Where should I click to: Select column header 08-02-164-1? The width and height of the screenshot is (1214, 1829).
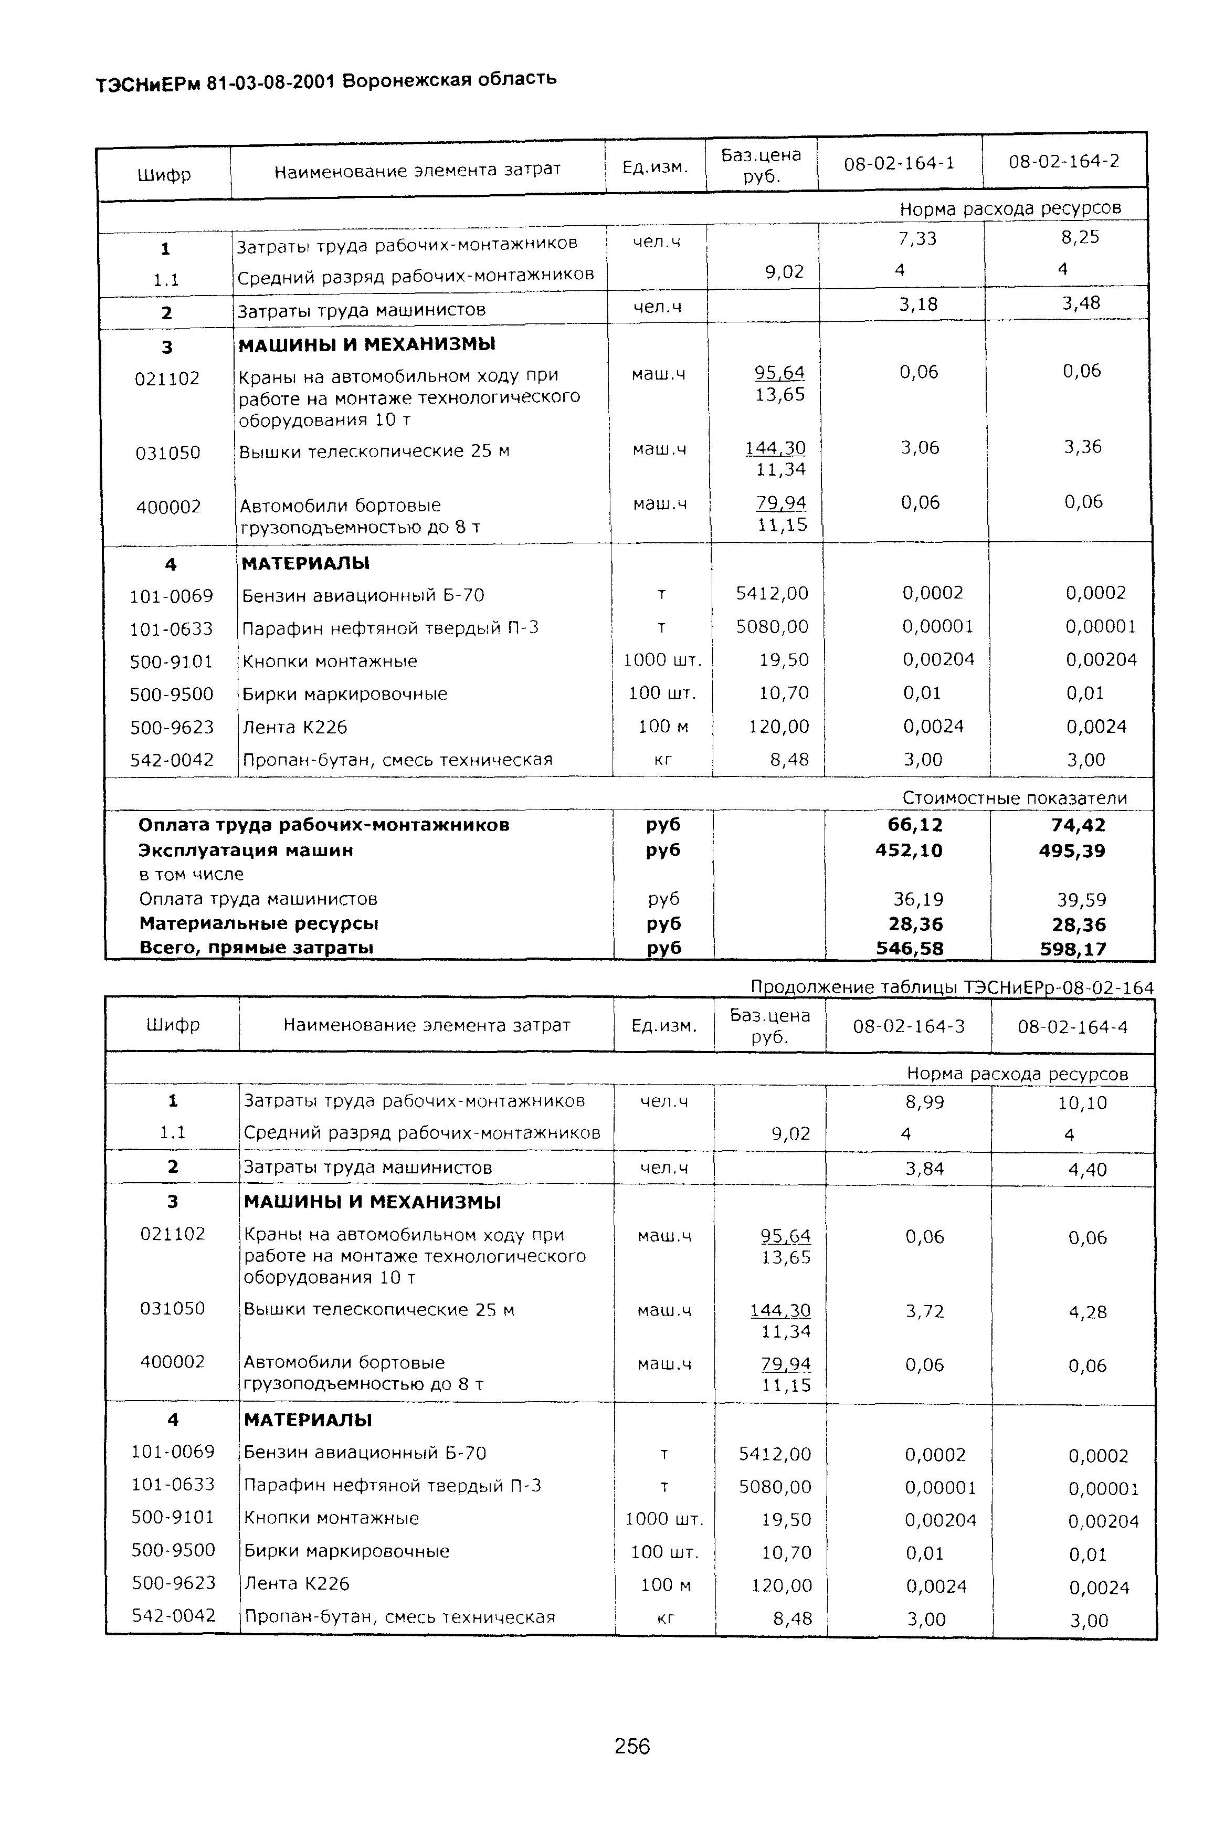pos(899,163)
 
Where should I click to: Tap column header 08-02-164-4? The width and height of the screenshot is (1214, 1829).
pos(1072,1027)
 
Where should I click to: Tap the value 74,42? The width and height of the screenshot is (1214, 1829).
pos(1078,825)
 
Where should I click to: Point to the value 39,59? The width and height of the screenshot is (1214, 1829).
pos(1082,900)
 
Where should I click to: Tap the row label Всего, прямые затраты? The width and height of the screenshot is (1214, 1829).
pos(256,947)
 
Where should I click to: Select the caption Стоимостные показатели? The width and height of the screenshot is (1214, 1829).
pos(1014,797)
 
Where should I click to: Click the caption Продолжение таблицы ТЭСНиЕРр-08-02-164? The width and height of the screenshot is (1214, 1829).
pos(952,987)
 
